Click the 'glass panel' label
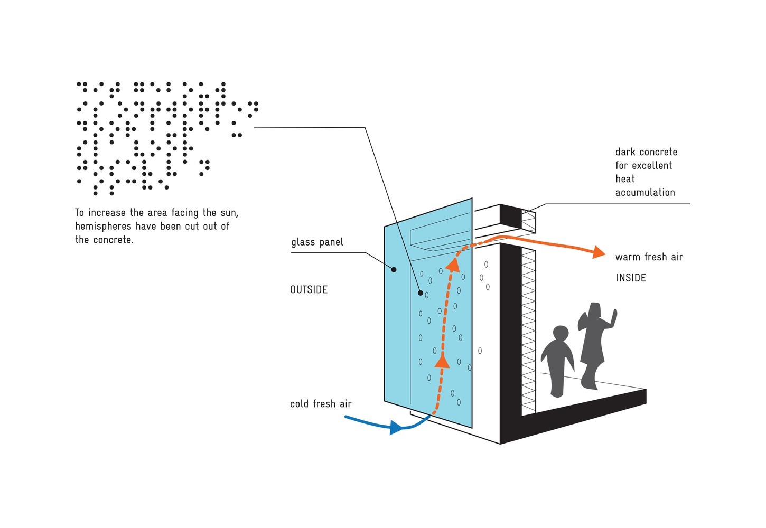coord(317,242)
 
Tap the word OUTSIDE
coord(309,289)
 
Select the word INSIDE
coord(631,278)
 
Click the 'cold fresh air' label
coord(321,404)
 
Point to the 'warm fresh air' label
coord(649,257)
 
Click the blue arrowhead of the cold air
coord(396,427)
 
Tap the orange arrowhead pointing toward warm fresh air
coord(598,252)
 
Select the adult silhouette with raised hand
coord(594,343)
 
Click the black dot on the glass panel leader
coord(394,270)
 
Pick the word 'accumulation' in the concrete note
coord(645,192)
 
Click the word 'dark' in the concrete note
coord(626,152)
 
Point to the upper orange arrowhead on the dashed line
coord(452,265)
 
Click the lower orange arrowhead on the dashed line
coord(442,361)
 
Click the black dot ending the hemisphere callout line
coord(421,293)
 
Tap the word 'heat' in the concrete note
coord(625,179)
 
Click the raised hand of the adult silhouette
coord(613,315)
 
